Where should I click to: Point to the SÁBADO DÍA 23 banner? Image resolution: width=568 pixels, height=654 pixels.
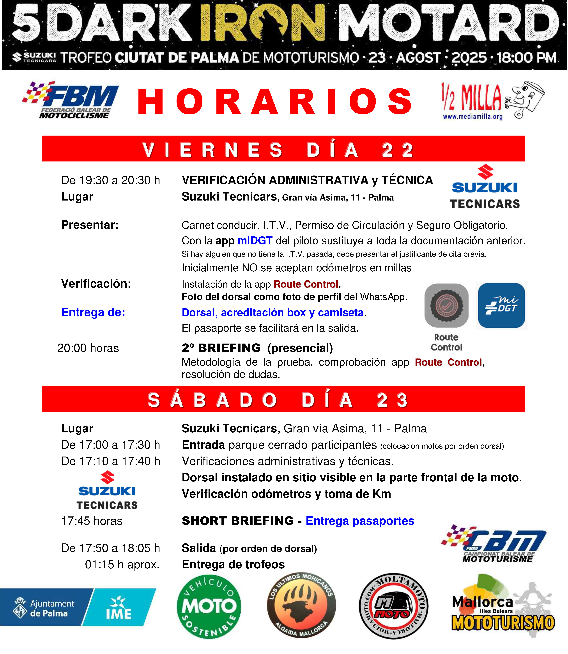pos(283,399)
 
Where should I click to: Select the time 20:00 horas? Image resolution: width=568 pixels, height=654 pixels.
pos(88,348)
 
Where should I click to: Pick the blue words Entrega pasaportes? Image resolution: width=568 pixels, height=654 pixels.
pos(360,521)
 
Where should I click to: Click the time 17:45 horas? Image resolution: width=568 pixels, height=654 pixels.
pos(92,521)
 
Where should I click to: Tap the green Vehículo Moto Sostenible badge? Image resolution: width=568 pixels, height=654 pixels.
pos(209,606)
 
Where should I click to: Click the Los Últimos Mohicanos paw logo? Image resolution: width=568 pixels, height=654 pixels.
pos(301,606)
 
